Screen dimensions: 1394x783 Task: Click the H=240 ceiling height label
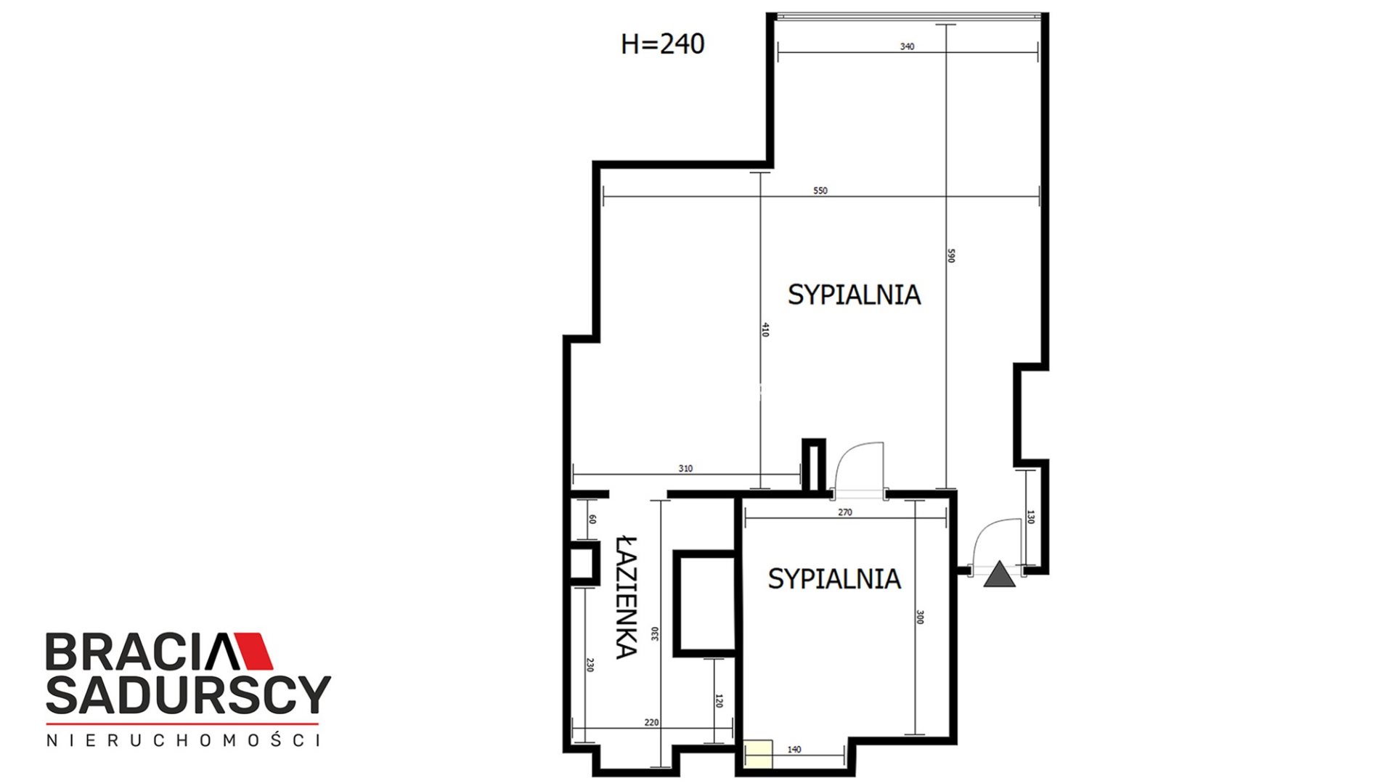pos(662,44)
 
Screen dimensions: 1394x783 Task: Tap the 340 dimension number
pos(907,46)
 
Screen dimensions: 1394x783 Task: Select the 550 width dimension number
pos(820,191)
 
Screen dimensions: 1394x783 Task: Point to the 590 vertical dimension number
pos(951,255)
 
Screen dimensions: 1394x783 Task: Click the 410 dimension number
pos(765,329)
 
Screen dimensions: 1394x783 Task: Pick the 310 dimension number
pos(685,469)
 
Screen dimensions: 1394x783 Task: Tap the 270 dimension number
pos(845,512)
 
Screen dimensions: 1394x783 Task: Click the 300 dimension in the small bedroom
pos(920,617)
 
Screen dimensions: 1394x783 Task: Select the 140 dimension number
pos(794,750)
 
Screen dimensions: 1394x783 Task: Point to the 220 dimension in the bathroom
pos(651,723)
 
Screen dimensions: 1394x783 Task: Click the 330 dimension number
pos(655,634)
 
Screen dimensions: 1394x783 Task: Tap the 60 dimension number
pos(592,519)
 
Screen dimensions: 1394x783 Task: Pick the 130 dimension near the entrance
pos(1030,517)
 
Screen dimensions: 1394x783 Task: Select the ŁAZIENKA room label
pos(627,597)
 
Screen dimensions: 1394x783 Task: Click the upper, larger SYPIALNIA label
pos(855,295)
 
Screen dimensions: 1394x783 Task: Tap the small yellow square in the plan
pos(758,753)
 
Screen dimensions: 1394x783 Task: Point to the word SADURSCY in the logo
pos(188,694)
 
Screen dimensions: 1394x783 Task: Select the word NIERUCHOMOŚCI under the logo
pos(183,740)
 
